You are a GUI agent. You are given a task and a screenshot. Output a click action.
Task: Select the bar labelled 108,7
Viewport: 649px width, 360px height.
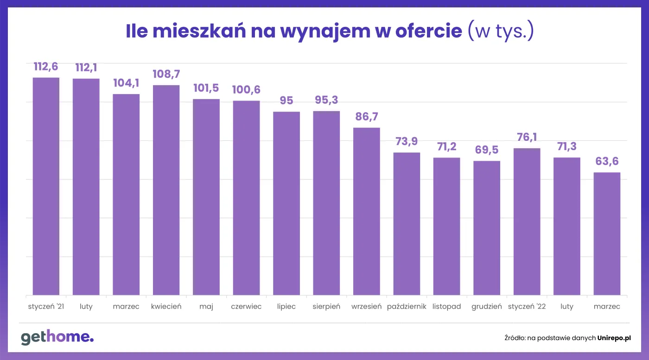click(x=166, y=190)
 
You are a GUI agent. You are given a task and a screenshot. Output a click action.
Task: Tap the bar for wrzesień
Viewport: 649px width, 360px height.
click(x=367, y=211)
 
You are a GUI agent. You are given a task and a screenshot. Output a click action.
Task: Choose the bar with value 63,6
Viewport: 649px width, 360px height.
click(x=607, y=234)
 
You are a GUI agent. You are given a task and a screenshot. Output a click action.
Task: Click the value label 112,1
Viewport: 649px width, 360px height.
click(x=86, y=68)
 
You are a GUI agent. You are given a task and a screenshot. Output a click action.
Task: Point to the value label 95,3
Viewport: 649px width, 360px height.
click(x=326, y=100)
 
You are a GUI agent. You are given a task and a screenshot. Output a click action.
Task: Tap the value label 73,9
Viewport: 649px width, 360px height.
click(x=407, y=142)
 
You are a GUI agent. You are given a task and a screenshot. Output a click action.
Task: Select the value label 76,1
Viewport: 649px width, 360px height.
click(x=527, y=138)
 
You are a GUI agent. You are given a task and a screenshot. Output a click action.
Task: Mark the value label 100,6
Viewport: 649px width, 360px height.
click(x=246, y=90)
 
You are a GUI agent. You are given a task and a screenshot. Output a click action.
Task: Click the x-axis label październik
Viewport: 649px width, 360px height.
click(x=407, y=307)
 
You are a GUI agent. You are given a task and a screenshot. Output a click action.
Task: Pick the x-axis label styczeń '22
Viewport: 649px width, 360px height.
click(x=527, y=307)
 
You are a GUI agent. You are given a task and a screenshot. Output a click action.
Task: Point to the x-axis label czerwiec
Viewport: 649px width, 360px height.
click(x=246, y=307)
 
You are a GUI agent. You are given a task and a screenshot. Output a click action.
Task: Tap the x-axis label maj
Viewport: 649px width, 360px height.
click(x=206, y=307)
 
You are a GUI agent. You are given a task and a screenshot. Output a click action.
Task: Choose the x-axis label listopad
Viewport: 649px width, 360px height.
click(x=447, y=307)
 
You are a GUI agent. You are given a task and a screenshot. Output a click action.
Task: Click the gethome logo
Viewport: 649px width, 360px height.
click(x=57, y=337)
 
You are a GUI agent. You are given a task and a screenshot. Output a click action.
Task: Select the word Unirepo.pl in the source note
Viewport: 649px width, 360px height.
click(x=614, y=338)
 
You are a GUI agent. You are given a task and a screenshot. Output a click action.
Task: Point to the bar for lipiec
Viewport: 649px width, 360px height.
click(x=286, y=203)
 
